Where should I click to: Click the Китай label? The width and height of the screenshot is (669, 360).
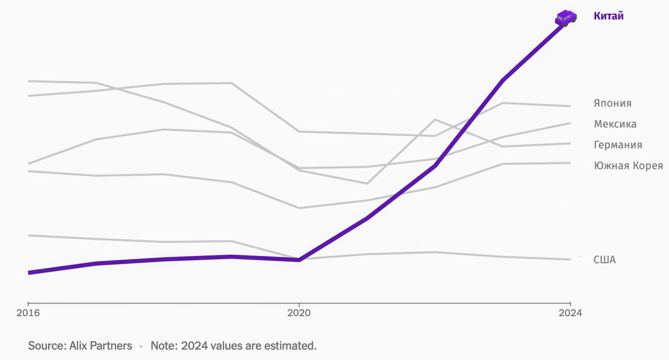coord(608,16)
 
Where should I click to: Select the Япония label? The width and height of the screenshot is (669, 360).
coord(612,103)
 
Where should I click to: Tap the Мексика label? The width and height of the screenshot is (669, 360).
coord(615,124)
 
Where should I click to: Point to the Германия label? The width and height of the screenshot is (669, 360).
coord(618,145)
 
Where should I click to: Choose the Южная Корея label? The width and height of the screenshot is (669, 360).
coord(628,166)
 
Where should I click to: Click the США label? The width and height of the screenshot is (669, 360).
coord(604,260)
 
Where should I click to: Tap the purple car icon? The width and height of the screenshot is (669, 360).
coord(565,18)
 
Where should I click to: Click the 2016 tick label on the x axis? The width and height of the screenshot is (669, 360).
coord(28,313)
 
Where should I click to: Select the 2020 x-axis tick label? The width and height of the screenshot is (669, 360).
coord(299,313)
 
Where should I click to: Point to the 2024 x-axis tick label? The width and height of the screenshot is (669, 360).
coord(570,313)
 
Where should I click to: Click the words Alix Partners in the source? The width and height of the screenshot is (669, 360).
coord(101,346)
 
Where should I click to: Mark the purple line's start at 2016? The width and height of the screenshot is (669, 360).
coord(28,273)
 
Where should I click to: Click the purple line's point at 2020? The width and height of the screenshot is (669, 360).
coord(299,260)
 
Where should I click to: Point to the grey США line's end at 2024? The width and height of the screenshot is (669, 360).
coord(570,260)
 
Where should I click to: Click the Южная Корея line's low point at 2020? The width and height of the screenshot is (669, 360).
coord(299,208)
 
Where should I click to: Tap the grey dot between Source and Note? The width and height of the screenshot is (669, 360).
coord(141,346)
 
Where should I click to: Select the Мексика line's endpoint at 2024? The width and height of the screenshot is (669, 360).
coord(570,123)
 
